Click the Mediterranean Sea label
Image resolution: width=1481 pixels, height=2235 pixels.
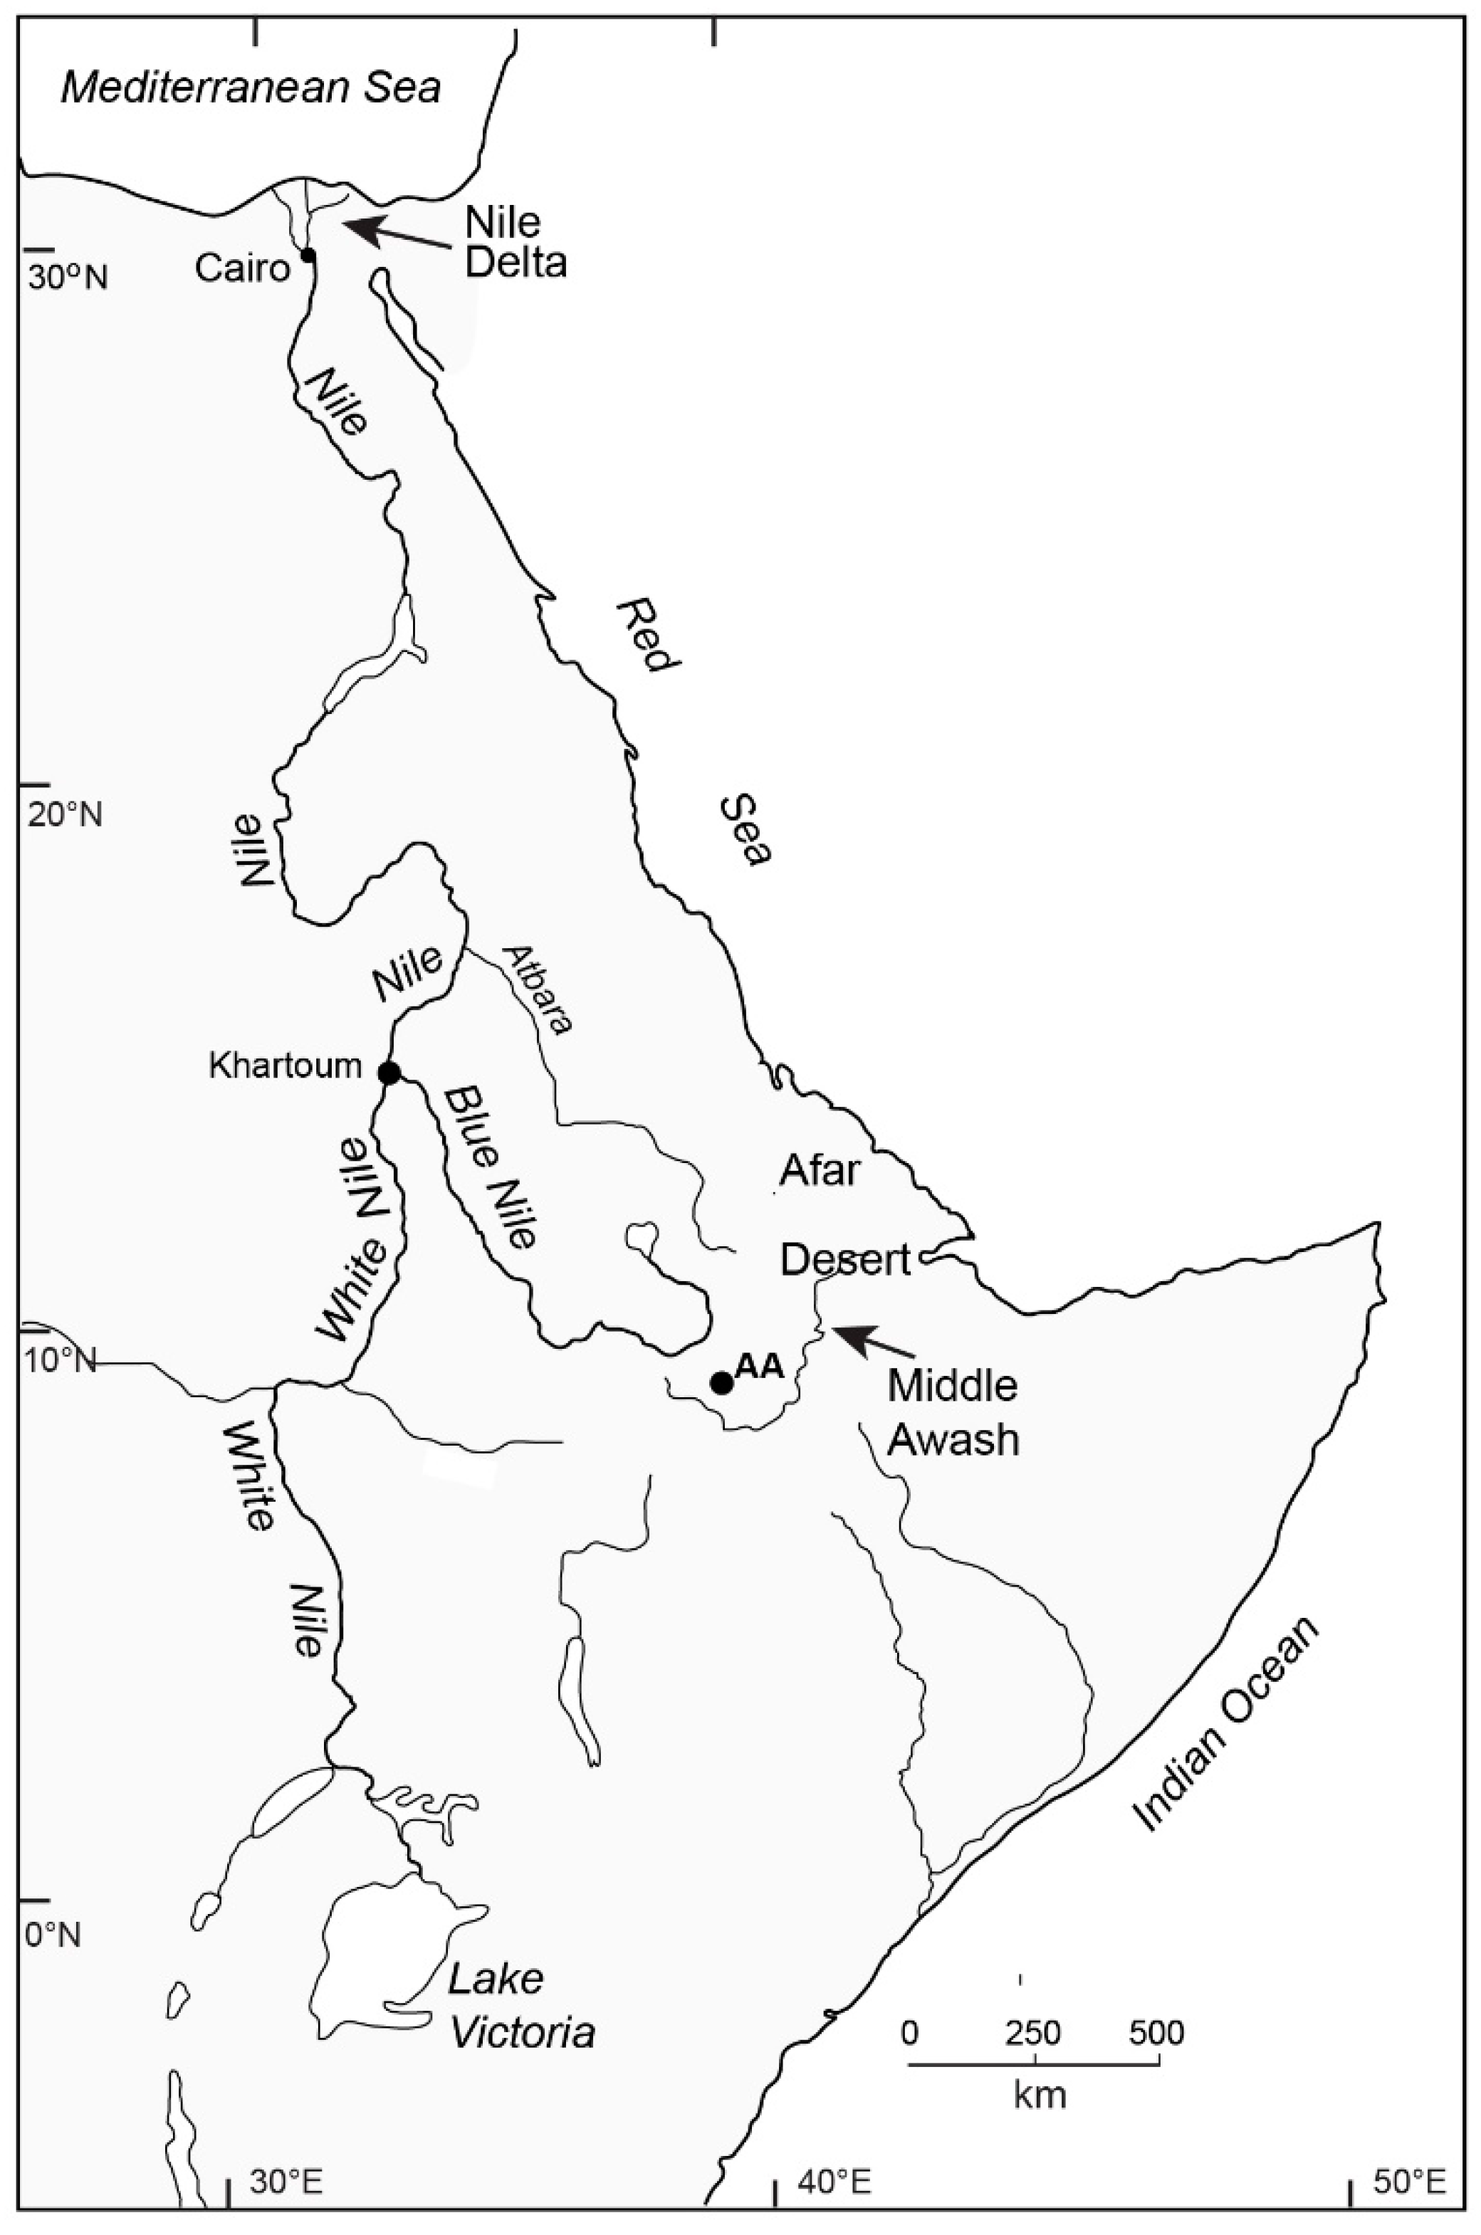[x=251, y=88]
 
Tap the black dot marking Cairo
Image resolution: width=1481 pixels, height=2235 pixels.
[x=307, y=254]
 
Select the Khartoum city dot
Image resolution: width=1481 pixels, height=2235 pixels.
[x=388, y=1073]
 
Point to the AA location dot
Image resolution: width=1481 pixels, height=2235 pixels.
[x=721, y=1382]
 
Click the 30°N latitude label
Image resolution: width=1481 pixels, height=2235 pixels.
[x=67, y=278]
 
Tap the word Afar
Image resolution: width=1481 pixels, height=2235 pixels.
[x=819, y=1171]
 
